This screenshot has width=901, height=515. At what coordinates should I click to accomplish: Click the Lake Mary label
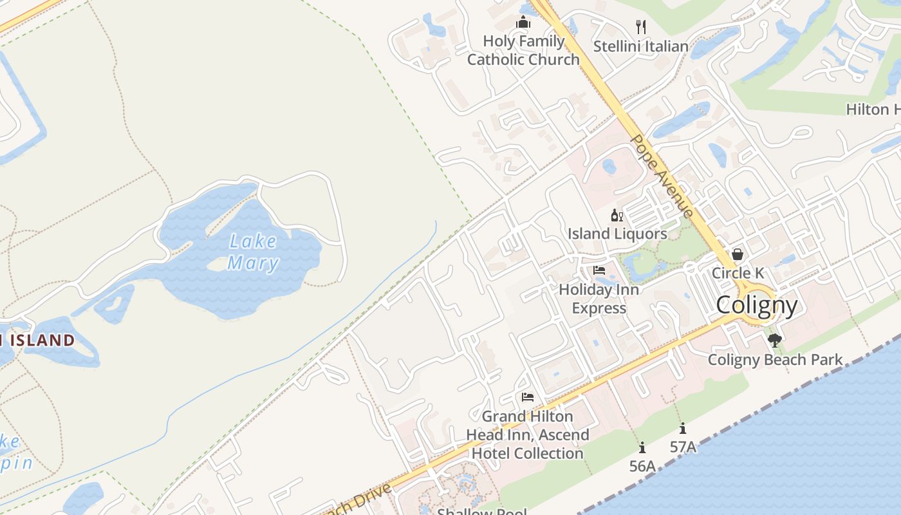coord(253,252)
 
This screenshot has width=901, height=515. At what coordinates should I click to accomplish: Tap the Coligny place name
coord(756,305)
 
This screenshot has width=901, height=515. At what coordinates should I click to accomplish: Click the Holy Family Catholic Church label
coord(523,50)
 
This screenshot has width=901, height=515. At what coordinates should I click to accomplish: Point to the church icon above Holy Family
coord(523,24)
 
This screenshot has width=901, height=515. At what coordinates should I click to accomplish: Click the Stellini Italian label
coord(640,46)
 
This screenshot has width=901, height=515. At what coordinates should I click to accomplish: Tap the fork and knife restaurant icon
coord(640,26)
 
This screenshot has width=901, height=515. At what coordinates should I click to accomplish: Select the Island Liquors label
coord(617,234)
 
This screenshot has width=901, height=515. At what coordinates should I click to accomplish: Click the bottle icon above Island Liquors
coord(617,216)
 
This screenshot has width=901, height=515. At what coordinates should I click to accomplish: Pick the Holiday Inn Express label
coord(599,299)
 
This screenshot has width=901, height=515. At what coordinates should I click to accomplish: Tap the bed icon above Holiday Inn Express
coord(599,270)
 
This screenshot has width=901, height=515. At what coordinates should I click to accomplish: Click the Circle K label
coord(738,273)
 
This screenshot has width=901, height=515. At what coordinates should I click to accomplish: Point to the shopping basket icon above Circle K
coord(738,255)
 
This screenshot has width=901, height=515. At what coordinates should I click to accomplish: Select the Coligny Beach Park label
coord(775,360)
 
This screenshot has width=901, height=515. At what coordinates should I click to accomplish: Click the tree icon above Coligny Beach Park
coord(775,340)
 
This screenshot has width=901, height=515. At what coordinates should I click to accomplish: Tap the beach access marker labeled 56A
coord(642,447)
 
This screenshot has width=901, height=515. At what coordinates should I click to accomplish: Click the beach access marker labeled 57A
coord(683,428)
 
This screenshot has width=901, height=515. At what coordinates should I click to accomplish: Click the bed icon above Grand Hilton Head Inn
coord(528,397)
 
